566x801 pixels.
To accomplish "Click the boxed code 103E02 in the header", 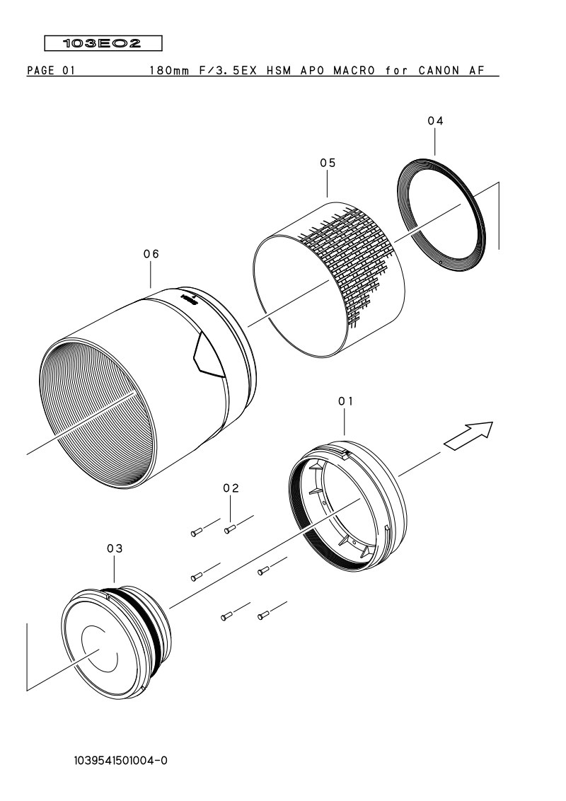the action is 103,43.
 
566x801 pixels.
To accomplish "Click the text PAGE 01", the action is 51,71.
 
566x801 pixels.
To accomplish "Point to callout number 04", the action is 435,121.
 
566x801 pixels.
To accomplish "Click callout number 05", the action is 328,163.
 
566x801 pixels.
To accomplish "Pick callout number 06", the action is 151,254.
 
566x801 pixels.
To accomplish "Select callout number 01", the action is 346,401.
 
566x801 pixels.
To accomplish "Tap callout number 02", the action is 231,488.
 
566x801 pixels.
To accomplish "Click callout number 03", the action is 115,548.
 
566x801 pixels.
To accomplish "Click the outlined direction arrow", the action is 468,436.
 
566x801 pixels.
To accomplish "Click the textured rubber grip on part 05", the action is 347,255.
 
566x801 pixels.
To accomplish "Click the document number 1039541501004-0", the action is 120,761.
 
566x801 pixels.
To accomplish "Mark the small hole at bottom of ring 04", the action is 440,260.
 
